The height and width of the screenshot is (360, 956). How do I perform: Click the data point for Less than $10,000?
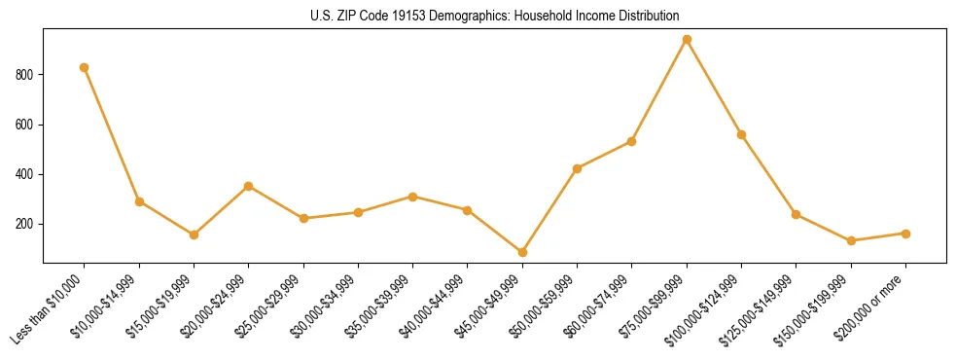coord(85,67)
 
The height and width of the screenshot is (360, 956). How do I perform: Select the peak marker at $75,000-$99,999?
coord(687,40)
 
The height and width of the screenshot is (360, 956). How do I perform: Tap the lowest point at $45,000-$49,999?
coord(522,252)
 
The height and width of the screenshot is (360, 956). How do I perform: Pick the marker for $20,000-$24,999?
coord(249,186)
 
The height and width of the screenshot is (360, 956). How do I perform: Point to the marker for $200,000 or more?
coord(905,234)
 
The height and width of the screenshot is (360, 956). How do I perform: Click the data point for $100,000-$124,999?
coord(741,134)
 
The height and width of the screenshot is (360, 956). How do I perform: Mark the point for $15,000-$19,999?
coord(194,234)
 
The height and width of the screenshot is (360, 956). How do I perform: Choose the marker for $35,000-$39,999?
coord(413,197)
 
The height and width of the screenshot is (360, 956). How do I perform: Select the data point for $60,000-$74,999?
coord(632,141)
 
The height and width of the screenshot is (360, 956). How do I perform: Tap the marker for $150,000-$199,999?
coord(851,240)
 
